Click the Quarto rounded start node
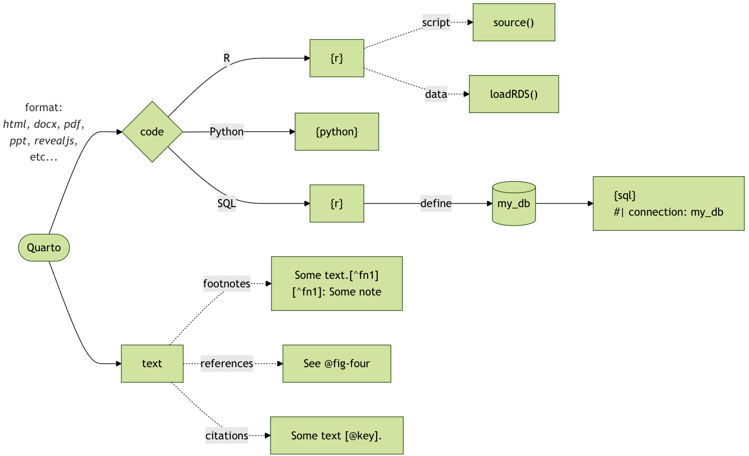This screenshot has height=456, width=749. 44,247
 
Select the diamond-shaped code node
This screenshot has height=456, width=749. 152,132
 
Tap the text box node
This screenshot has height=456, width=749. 152,363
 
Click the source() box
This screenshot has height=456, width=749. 514,22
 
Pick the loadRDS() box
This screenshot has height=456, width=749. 514,94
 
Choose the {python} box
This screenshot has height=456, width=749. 337,132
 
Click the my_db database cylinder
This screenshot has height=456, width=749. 514,203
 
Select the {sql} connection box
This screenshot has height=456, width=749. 668,203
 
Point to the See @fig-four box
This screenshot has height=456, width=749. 337,363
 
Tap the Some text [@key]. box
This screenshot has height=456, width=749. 337,436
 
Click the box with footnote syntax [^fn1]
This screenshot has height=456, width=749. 337,284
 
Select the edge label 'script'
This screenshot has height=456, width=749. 436,22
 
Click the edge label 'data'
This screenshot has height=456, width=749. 436,94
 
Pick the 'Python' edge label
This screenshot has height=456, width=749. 226,132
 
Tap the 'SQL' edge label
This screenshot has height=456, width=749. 226,203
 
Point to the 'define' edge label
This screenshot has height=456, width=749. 436,203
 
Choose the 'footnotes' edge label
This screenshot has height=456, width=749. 226,284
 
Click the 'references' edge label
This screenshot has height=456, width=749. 227,363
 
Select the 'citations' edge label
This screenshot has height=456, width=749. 226,436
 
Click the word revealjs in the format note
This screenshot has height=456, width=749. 55,141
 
